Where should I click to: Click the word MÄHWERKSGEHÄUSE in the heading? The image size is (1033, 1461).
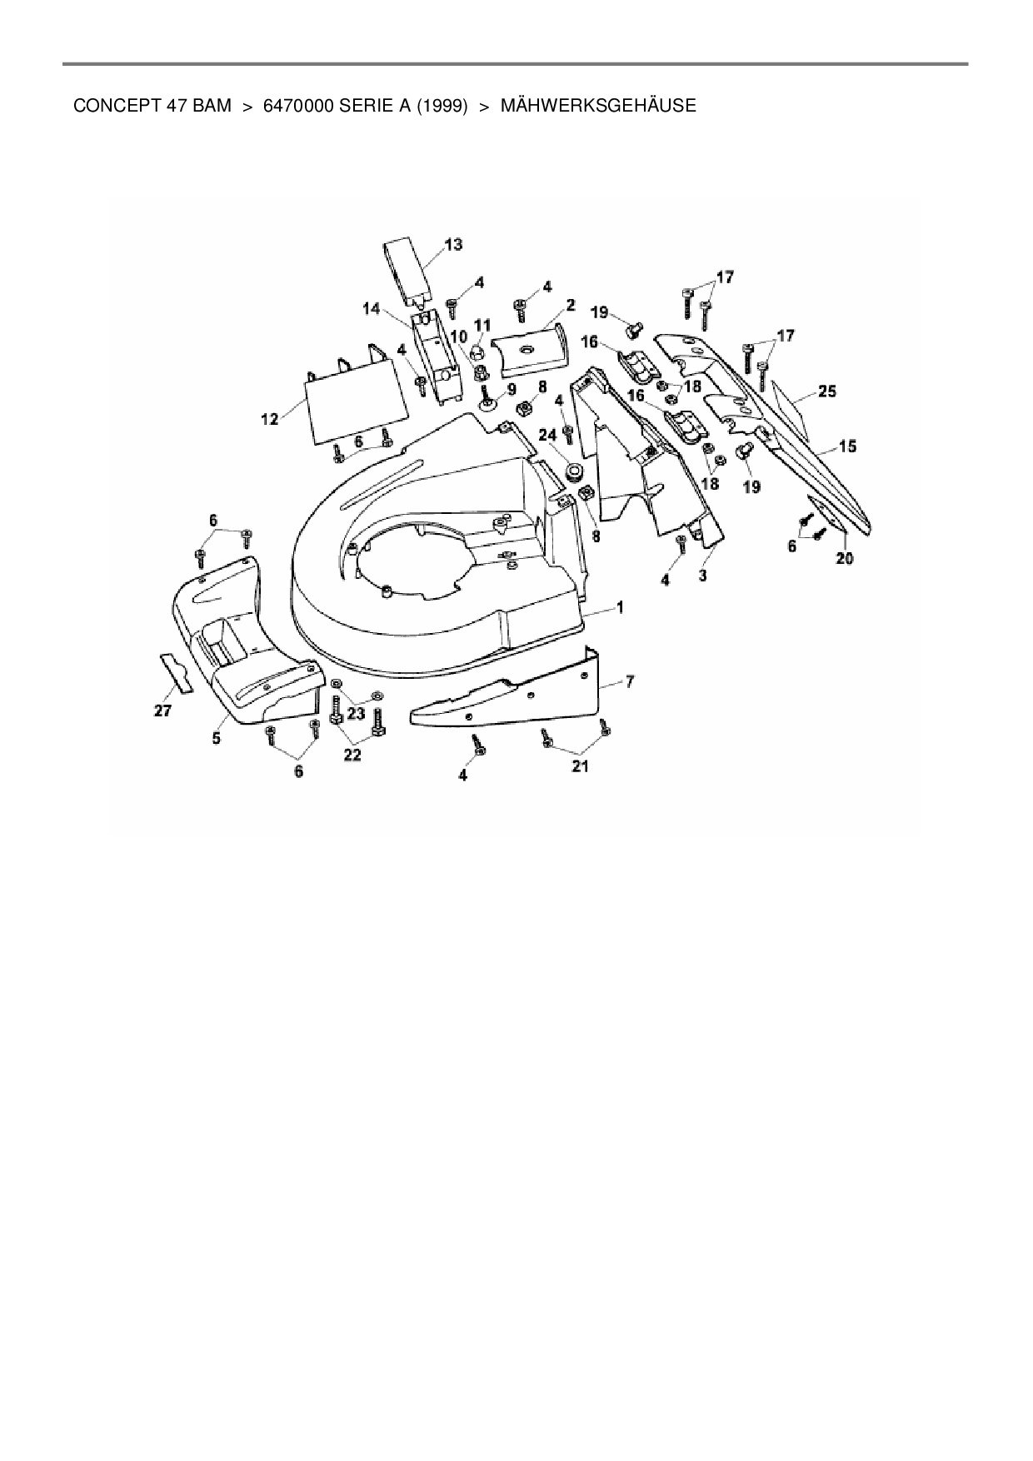coord(598,107)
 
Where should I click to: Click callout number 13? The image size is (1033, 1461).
coord(453,245)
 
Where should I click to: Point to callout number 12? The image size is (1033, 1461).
coord(269,419)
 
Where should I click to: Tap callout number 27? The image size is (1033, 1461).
coord(162,711)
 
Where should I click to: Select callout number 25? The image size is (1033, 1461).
coord(826,391)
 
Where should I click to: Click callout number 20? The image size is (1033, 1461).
coord(844,559)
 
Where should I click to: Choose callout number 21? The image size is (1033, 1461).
coord(580,766)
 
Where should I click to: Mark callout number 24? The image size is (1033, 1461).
coord(547,435)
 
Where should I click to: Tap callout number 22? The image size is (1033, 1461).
coord(353,755)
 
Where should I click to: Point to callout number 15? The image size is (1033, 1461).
coord(846,447)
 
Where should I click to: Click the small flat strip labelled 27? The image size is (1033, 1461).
coord(176,673)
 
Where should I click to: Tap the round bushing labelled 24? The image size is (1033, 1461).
coord(574,473)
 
